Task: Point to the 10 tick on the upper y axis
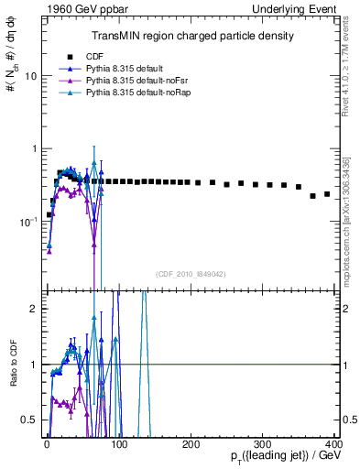[29, 76]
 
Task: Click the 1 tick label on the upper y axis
[32, 148]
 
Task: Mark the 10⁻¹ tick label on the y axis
[28, 221]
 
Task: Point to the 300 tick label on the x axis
[264, 444]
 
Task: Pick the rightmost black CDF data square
[327, 194]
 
